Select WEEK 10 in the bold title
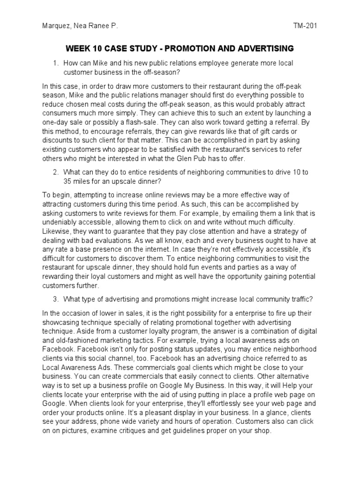tap(83, 48)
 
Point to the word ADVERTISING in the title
tap(262, 48)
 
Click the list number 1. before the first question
tap(56, 63)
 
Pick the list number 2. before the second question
tap(56, 172)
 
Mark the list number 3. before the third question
tap(56, 299)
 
